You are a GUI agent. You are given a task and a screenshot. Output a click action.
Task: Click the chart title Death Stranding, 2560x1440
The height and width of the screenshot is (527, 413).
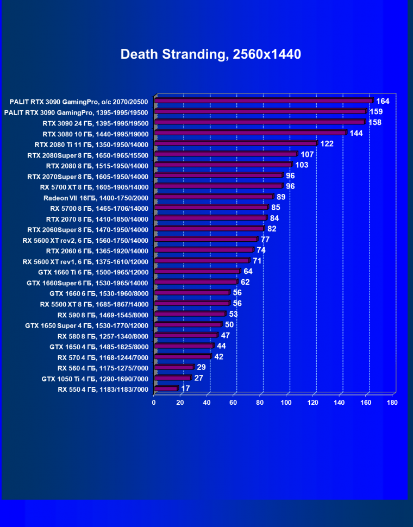[210, 54]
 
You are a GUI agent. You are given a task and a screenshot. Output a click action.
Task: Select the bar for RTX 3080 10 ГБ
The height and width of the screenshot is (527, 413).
[251, 133]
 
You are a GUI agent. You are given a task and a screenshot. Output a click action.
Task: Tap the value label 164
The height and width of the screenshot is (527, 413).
[383, 101]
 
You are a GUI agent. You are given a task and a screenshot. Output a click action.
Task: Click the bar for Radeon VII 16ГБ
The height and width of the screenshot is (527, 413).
[214, 197]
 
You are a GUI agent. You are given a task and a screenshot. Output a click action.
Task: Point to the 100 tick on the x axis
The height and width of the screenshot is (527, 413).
[286, 403]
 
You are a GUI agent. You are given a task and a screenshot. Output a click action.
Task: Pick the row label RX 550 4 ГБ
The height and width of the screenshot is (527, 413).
[103, 389]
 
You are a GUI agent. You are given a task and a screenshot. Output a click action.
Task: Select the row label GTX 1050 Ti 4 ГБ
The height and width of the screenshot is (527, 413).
[95, 378]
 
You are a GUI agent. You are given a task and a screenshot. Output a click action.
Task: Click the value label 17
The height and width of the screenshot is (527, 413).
[186, 389]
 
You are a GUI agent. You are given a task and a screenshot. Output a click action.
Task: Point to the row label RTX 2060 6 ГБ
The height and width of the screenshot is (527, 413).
[97, 250]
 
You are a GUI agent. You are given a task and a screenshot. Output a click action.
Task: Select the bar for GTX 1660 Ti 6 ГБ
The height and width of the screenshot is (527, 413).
[197, 271]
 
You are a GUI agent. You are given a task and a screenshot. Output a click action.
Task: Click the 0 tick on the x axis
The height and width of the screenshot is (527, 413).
[154, 403]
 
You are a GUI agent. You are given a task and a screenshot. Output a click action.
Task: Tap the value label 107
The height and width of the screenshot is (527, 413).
[308, 154]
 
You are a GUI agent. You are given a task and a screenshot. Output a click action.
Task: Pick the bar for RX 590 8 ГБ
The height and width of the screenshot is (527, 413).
[190, 314]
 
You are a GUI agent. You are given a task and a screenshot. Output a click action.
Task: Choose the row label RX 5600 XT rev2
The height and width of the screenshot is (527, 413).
[85, 240]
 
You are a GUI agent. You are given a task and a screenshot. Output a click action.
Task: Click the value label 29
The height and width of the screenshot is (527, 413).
[201, 367]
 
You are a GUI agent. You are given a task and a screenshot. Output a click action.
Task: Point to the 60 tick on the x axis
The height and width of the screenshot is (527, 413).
[234, 403]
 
